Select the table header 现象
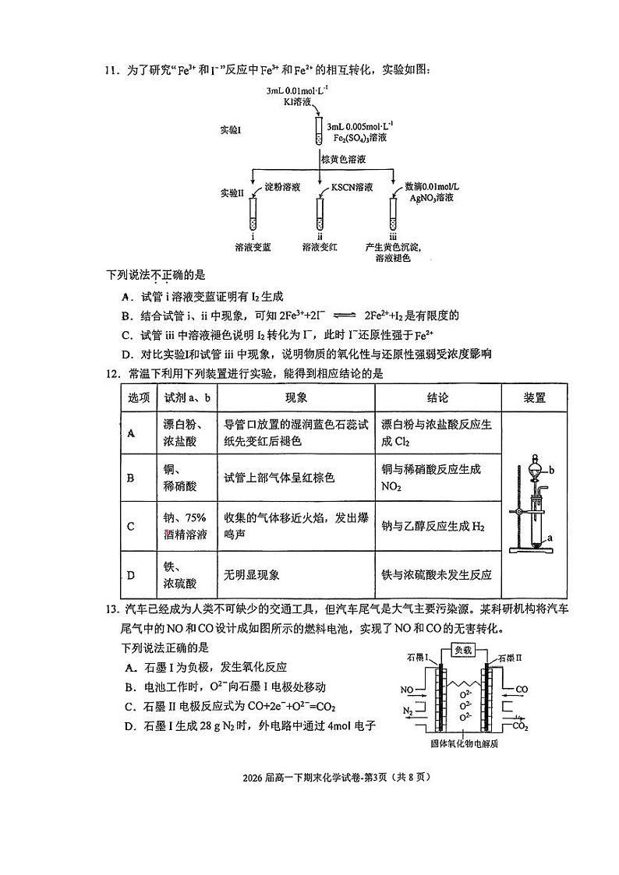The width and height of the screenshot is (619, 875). [296, 397]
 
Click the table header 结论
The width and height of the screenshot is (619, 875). [437, 397]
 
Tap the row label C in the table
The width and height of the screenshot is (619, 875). [131, 526]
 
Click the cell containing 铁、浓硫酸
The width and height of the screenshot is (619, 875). [180, 575]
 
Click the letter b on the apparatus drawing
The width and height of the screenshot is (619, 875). [551, 471]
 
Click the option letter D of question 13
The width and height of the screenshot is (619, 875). [129, 726]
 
